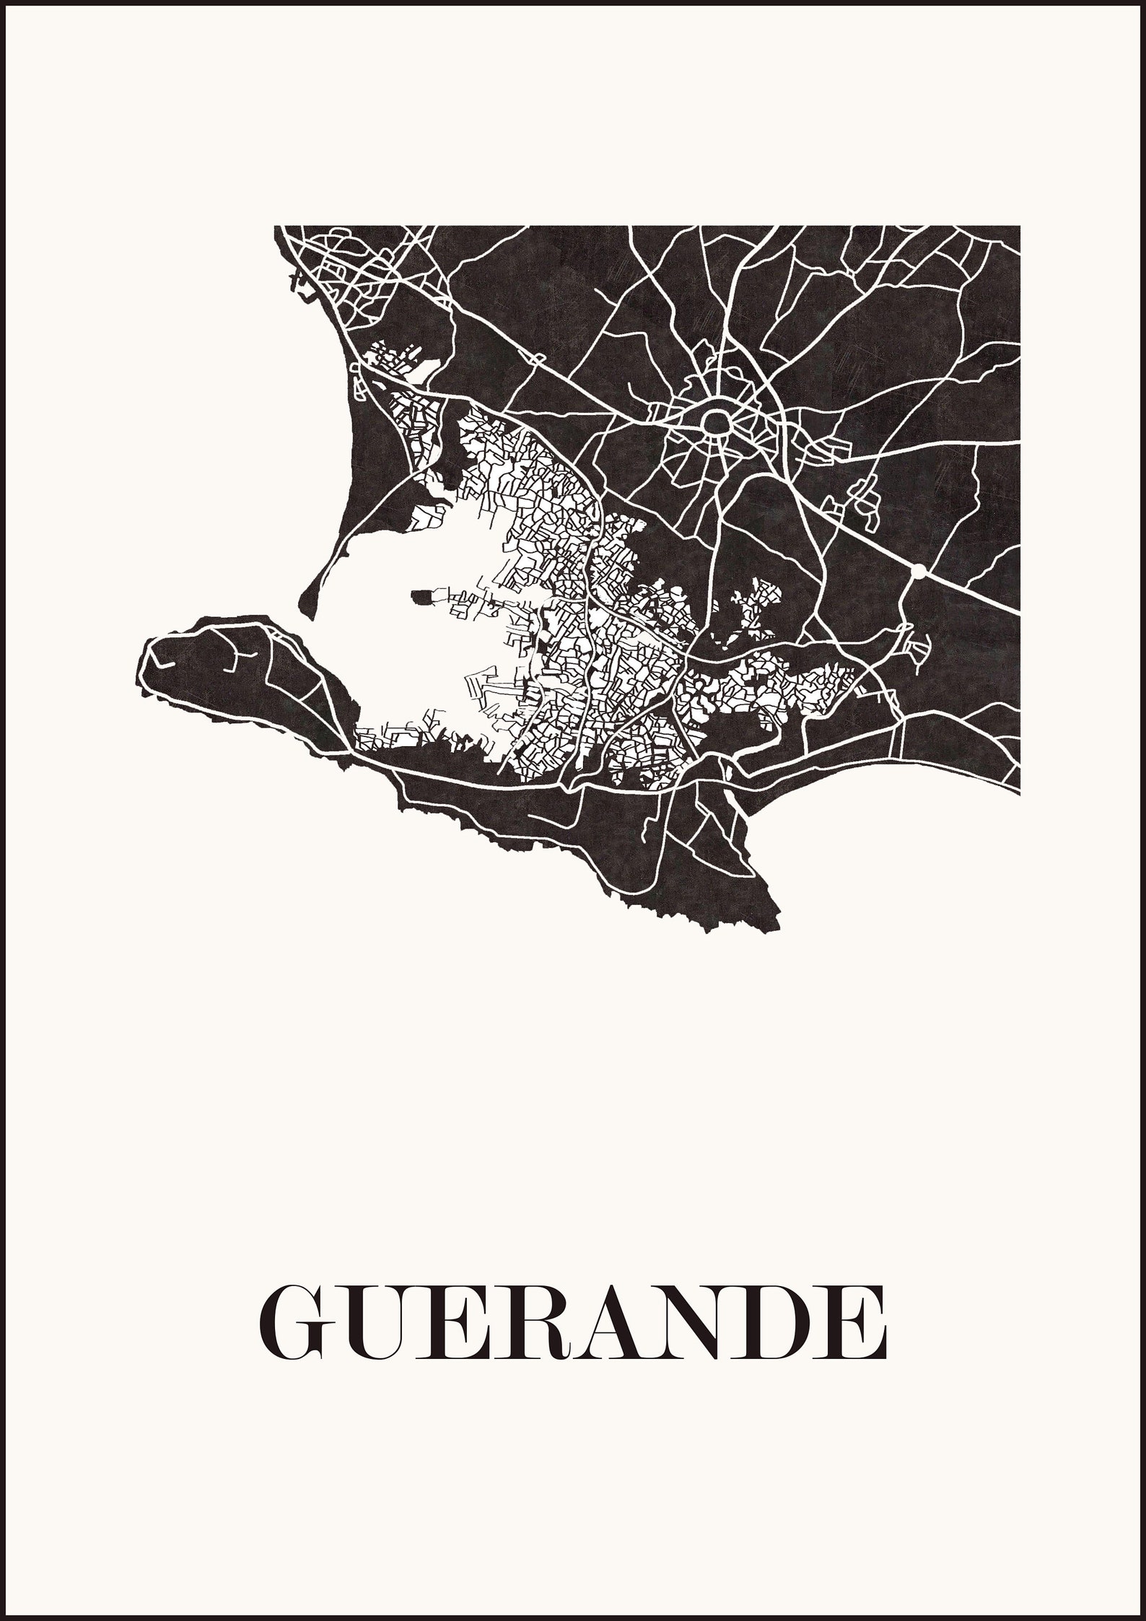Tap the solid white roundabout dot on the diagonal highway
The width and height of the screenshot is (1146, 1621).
click(x=918, y=572)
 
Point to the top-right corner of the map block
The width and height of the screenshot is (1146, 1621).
click(x=1019, y=227)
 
